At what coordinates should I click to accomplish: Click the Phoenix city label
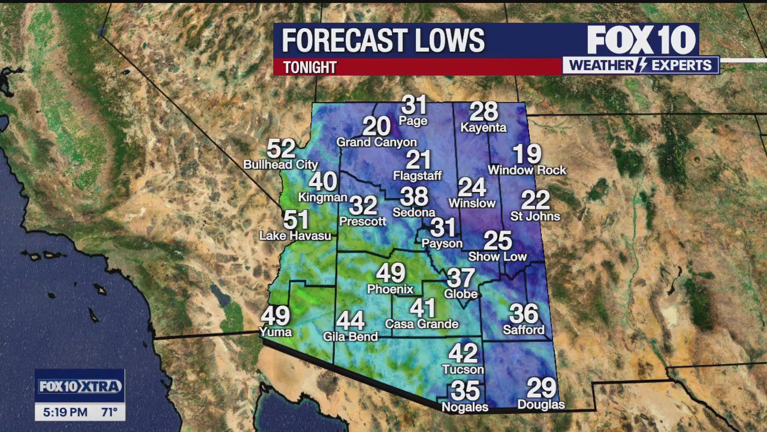390,289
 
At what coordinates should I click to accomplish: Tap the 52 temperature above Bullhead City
281,149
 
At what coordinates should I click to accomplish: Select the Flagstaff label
418,176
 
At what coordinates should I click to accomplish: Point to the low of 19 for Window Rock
527,154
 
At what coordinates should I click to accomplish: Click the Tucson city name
463,369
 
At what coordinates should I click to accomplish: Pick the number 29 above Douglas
541,388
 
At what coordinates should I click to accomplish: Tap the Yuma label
276,332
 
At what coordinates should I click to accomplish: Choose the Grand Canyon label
376,142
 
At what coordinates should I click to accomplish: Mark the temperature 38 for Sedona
414,196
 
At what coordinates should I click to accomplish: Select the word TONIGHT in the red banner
310,67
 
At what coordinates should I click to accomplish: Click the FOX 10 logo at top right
641,41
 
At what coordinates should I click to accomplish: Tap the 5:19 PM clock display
65,412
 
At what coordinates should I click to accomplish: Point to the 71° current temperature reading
109,412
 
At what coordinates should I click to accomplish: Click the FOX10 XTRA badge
80,386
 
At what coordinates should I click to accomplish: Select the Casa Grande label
422,324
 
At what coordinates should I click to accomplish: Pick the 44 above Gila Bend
351,320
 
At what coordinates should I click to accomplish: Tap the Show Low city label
497,257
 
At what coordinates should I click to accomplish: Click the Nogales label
465,407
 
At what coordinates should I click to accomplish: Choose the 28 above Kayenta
484,112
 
